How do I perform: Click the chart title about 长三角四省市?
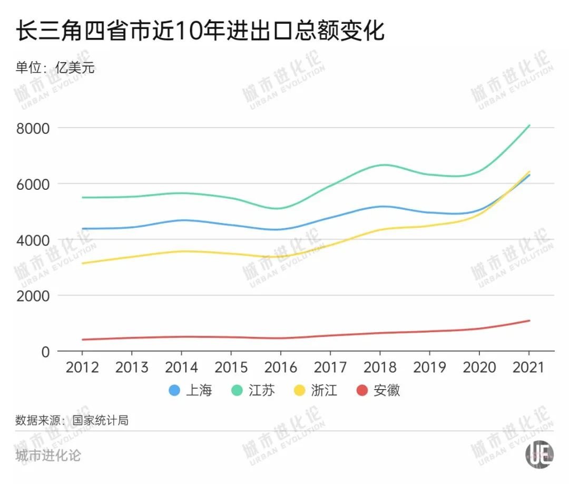[x=200, y=32]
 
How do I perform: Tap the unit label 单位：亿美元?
[x=55, y=67]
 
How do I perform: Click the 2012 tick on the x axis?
[x=82, y=367]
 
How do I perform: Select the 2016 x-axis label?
[x=280, y=367]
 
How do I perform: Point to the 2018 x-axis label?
[x=379, y=367]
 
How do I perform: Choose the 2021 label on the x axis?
[x=528, y=367]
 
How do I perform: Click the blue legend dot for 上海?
[x=174, y=391]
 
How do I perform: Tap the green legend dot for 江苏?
[x=237, y=391]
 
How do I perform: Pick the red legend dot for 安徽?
[x=362, y=391]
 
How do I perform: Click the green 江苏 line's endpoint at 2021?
[x=529, y=125]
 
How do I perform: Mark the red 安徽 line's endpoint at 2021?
[x=529, y=321]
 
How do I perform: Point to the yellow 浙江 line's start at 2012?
[x=82, y=263]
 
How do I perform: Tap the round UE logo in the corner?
[x=540, y=454]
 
